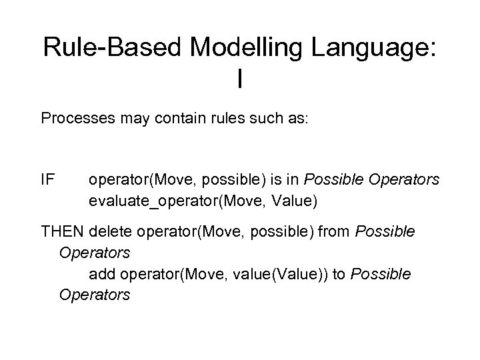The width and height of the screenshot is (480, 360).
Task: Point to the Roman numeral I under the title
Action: [240, 80]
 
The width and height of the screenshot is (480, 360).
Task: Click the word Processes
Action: [74, 119]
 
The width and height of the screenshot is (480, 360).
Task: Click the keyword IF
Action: [47, 180]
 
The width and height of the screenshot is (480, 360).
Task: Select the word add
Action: [101, 275]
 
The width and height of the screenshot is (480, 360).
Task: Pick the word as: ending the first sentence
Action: [287, 119]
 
